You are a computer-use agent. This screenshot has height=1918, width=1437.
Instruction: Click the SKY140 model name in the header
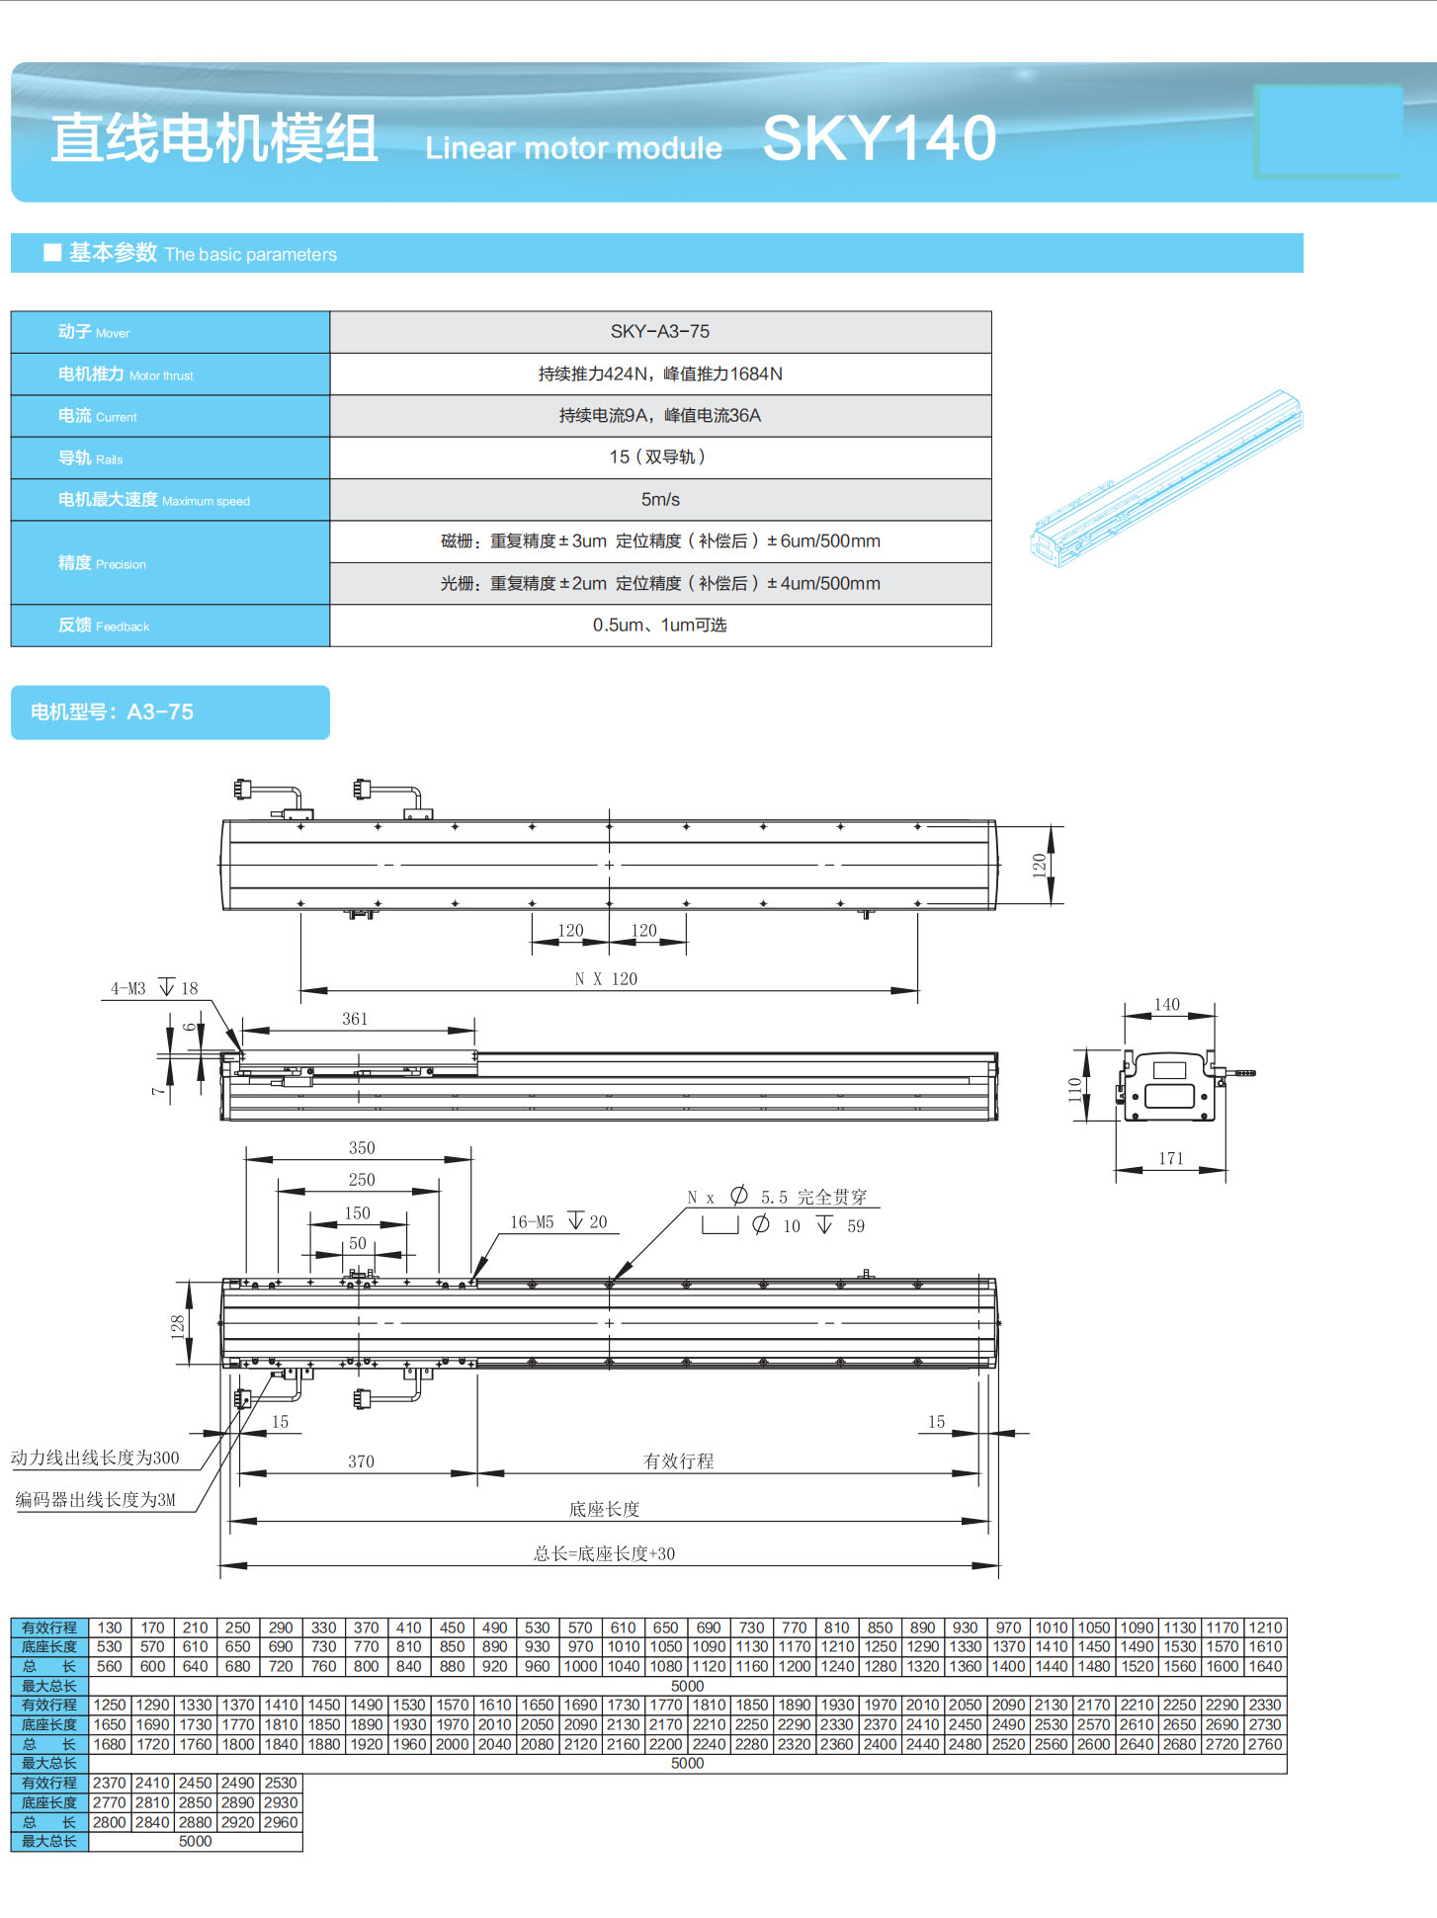click(x=879, y=138)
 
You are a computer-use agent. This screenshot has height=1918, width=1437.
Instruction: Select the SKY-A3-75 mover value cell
click(x=660, y=332)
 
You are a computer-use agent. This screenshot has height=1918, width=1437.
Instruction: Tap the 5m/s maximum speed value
click(x=660, y=500)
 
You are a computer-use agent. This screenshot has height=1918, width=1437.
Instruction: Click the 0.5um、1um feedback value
click(x=660, y=625)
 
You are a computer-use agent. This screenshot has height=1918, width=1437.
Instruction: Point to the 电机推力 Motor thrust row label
click(x=126, y=375)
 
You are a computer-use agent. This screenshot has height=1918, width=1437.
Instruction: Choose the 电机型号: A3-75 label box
click(x=170, y=712)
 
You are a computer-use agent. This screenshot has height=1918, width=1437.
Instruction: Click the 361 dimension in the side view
click(x=355, y=1019)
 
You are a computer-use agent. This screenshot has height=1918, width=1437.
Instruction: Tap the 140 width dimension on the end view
click(x=1167, y=1005)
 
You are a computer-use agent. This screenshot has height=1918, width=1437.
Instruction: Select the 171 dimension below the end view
click(x=1171, y=1158)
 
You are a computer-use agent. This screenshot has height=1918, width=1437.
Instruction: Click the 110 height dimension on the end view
click(x=1075, y=1089)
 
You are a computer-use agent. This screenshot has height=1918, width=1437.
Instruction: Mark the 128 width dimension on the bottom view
click(x=178, y=1325)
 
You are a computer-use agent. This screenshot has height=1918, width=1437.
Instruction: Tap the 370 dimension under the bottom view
click(x=361, y=1461)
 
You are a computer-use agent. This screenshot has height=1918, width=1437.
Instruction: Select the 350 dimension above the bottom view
click(x=362, y=1148)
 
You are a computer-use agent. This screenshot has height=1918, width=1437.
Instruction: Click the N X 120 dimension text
click(x=606, y=979)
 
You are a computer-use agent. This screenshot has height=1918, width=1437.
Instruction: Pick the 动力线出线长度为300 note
click(x=96, y=1458)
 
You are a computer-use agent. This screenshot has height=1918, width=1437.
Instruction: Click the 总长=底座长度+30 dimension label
click(x=605, y=1553)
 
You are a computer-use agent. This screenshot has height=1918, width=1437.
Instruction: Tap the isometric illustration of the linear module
click(x=1166, y=479)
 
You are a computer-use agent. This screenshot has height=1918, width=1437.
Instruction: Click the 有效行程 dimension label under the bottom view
click(x=678, y=1461)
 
